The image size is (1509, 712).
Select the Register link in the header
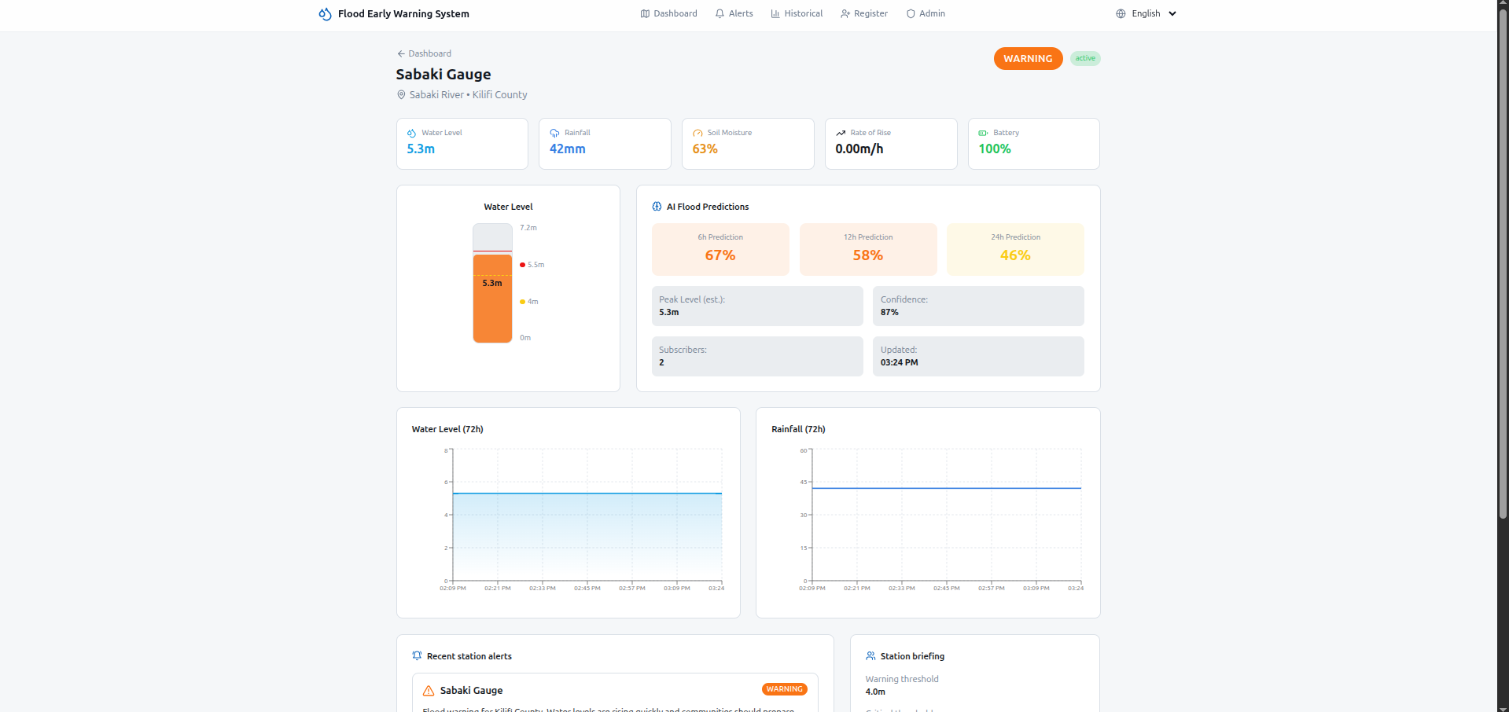point(864,13)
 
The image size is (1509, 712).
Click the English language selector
point(1146,13)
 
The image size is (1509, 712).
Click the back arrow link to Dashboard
point(424,53)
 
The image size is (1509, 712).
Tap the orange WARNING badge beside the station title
point(1028,59)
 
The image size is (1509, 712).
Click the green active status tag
point(1085,58)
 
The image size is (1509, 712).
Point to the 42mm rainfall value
point(567,149)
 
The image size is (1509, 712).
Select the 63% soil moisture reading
point(705,149)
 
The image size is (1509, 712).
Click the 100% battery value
point(994,149)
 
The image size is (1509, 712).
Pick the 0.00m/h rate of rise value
point(859,149)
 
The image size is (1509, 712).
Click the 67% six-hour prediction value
point(720,255)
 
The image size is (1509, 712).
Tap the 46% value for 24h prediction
point(1015,255)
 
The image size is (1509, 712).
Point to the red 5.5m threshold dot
point(522,265)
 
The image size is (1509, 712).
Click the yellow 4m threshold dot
point(522,302)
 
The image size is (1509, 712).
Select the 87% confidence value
point(889,312)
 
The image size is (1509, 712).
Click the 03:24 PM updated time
point(899,362)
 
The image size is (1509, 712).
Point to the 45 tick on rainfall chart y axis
point(804,482)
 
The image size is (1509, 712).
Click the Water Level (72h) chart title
point(447,429)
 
